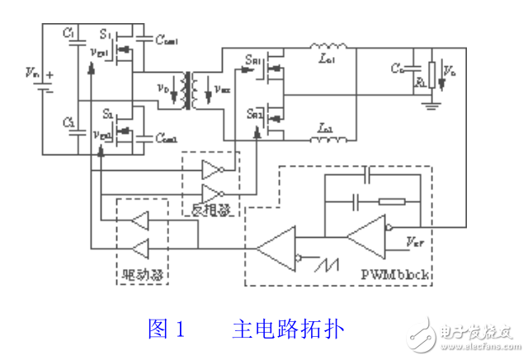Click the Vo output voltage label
tap(450, 73)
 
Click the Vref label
tap(415, 244)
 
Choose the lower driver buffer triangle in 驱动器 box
tap(141, 245)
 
